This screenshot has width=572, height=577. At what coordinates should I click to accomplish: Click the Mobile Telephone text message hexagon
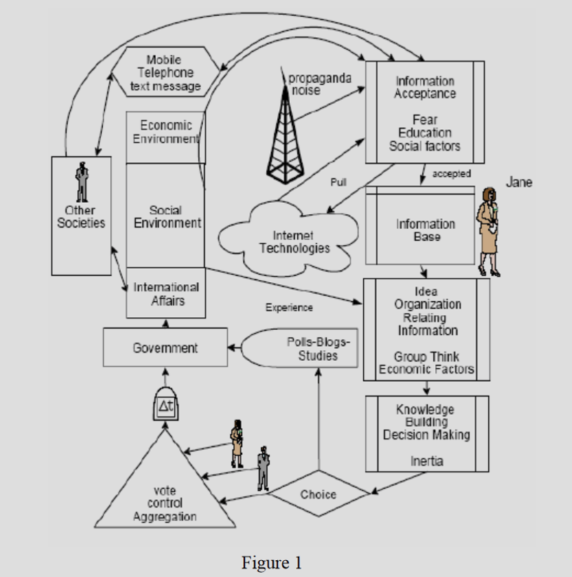coord(166,72)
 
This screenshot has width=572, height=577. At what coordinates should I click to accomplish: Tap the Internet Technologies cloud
coord(288,239)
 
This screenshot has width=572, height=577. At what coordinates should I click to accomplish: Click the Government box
coord(165,347)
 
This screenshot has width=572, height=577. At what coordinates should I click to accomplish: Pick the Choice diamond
coord(319,493)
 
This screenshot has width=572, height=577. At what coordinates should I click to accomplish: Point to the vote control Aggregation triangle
coord(165,489)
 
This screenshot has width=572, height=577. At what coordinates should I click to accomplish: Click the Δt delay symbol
coord(166,404)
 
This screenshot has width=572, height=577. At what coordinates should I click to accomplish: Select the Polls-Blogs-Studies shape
coord(299,348)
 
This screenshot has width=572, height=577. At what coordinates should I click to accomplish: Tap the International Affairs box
coord(166,293)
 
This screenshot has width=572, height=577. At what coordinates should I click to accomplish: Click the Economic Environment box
coord(166,138)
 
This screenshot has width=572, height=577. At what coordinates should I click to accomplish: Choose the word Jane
coord(519,182)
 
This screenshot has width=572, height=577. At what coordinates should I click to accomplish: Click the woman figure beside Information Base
coord(488,232)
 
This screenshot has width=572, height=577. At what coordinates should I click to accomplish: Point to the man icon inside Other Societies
coord(81,182)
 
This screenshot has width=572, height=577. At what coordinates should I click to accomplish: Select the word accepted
coord(451,173)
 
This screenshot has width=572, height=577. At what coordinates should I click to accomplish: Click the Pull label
coord(338,182)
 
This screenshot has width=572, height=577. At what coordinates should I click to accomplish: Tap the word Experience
coord(289,307)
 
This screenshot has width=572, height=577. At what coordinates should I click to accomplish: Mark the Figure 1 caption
coord(272,563)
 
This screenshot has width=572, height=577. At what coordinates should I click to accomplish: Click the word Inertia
coord(427,461)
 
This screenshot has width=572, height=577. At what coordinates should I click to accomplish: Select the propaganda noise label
coord(319,84)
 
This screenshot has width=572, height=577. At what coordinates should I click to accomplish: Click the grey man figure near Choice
coord(263,468)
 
